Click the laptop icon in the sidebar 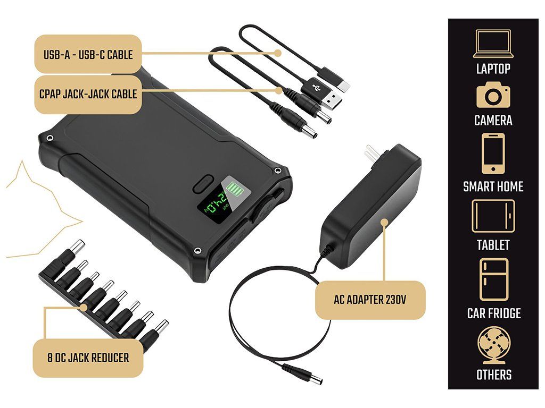coord(493,44)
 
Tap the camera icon coord(493,96)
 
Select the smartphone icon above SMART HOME coord(493,153)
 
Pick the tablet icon coord(493,216)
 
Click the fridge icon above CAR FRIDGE coord(493,279)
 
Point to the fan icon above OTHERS coord(493,345)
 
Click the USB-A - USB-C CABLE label coord(88,54)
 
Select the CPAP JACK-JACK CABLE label coord(88,94)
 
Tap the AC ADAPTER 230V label coord(370,300)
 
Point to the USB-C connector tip coord(345,86)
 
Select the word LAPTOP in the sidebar coord(493,69)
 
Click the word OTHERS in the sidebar coord(493,375)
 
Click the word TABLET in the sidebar coord(493,245)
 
